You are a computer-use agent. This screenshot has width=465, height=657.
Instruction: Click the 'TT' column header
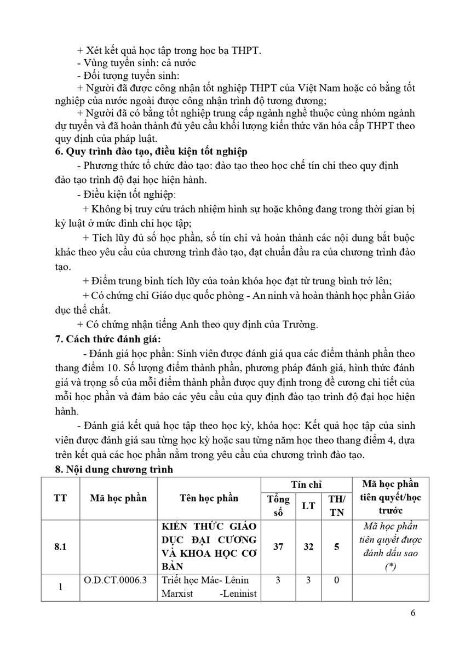tap(61, 498)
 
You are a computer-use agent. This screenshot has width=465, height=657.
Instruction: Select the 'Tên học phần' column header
tap(209, 498)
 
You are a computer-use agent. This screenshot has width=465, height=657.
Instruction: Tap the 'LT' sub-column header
tap(308, 505)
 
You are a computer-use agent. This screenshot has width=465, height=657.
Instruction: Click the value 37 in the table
tap(279, 546)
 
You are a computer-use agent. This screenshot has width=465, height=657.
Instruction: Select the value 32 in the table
tap(308, 546)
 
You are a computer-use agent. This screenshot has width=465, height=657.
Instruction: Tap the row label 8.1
tap(61, 546)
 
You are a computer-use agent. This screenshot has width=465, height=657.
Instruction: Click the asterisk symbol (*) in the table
tap(390, 567)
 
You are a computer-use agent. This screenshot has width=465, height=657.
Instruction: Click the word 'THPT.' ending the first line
tap(244, 50)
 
